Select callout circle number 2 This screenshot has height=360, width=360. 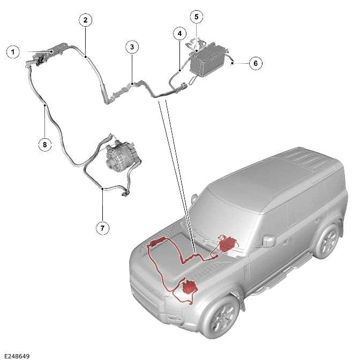point(85,20)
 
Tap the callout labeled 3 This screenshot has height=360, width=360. point(132,47)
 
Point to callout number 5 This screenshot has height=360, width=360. point(196,17)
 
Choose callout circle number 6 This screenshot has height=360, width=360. point(255,63)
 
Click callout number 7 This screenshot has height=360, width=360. point(102,228)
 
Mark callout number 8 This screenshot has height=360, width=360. point(45,144)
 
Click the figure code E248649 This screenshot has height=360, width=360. point(16,356)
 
